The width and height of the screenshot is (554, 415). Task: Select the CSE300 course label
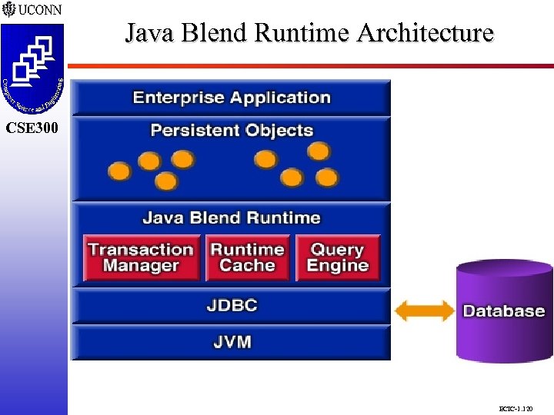point(32,128)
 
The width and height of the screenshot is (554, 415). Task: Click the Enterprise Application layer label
point(232,98)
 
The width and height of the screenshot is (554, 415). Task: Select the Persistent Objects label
point(232,130)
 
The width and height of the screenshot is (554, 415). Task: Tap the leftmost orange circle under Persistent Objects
point(119,171)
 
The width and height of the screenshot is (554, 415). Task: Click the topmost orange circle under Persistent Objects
point(319,151)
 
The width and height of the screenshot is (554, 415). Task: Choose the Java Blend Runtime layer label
point(232,217)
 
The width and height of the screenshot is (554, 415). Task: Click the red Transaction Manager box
point(141,257)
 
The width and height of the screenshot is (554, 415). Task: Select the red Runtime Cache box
point(247,257)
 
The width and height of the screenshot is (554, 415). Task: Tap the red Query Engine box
point(338,257)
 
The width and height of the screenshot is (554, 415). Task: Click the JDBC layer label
point(232,305)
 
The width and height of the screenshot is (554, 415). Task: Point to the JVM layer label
point(232,342)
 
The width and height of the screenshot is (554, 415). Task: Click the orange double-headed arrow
point(424,310)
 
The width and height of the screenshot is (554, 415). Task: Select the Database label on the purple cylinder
point(503,311)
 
